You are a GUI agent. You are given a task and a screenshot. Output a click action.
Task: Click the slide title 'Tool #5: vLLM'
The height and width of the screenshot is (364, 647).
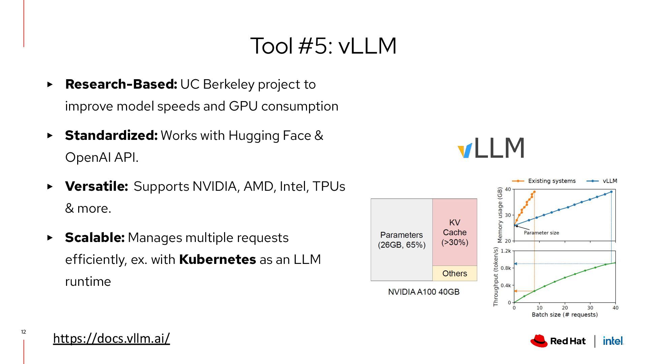point(323,45)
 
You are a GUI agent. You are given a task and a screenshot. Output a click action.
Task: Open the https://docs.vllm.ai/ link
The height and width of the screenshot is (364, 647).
point(112,338)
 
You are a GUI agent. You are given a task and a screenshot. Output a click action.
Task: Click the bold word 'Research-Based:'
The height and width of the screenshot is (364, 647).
point(121,84)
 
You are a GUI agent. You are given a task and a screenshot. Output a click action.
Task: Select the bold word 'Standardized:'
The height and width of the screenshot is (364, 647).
point(111,135)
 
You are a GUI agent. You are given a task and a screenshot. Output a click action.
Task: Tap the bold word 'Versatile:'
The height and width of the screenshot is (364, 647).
point(96,186)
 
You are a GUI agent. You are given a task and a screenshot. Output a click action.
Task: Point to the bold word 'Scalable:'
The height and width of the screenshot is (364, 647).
point(95,238)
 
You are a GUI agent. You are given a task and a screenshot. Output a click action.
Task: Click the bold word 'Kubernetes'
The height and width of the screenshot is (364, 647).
point(217,260)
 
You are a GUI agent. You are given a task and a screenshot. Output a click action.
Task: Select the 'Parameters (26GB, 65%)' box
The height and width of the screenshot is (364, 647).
point(401,240)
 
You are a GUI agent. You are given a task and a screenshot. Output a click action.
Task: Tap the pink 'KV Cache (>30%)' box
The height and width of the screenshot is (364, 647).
point(455,232)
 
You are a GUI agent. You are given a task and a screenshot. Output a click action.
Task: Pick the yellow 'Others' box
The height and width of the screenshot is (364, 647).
point(455,273)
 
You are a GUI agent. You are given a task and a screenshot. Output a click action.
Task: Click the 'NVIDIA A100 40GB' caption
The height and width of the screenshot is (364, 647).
point(424,292)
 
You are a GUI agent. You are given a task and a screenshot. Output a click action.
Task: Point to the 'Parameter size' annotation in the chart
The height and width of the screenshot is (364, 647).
point(541,233)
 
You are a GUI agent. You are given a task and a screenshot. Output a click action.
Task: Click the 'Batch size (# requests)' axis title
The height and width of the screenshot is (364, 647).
point(564,314)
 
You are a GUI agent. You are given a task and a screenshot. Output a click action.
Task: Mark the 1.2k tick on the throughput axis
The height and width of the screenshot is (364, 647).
point(505,251)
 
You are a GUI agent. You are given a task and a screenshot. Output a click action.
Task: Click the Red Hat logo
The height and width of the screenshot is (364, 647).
point(558,341)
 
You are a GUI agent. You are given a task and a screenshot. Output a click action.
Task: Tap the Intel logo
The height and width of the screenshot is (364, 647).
point(613,341)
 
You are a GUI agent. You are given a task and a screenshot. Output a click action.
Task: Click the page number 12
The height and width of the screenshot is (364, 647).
point(24,332)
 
